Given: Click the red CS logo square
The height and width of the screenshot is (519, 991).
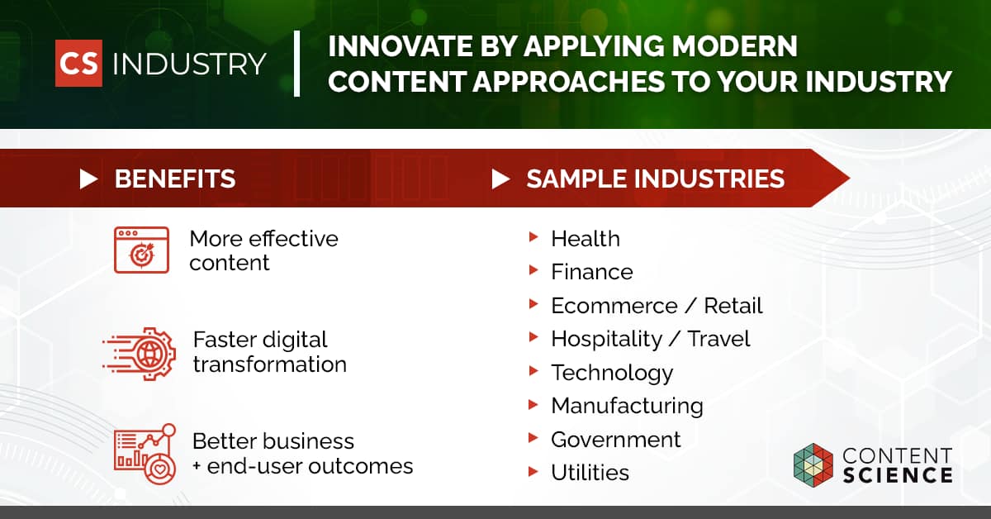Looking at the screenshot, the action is (x=78, y=64).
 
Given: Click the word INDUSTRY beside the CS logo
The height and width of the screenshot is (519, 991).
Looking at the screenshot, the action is (x=189, y=64).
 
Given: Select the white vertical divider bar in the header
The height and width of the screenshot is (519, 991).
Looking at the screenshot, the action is (x=296, y=64).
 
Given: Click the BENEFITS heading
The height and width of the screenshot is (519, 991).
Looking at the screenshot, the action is (x=175, y=179).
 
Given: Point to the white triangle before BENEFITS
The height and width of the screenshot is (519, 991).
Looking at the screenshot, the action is (x=88, y=179).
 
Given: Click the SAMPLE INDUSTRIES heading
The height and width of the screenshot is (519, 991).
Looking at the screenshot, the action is (x=655, y=179).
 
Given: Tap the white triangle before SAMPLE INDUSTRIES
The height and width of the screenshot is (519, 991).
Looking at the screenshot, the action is (x=500, y=179).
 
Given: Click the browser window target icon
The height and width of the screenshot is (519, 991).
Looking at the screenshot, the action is (x=141, y=250).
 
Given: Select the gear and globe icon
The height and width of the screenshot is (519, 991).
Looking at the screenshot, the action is (x=140, y=354).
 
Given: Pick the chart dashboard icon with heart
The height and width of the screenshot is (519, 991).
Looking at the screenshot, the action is (x=145, y=454).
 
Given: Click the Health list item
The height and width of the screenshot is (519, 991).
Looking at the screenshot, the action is (x=586, y=239).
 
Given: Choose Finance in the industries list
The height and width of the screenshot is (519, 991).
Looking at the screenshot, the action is (x=592, y=272).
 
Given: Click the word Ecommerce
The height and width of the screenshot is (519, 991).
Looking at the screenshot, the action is (x=614, y=306).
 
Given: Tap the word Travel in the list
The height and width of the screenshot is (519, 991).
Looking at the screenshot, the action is (x=718, y=339).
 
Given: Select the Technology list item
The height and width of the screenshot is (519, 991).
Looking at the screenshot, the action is (x=612, y=373).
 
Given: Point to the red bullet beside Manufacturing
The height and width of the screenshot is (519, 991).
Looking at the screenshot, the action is (x=533, y=405).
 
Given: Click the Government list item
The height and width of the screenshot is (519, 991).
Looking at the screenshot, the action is (x=616, y=440).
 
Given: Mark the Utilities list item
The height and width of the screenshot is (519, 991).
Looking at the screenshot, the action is (x=590, y=473).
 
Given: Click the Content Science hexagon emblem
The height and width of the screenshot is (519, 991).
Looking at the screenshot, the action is (x=813, y=465).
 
